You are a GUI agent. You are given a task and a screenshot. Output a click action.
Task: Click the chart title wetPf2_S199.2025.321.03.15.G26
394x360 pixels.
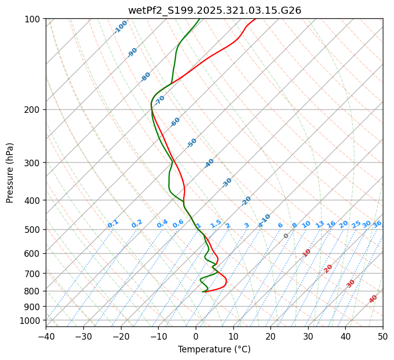pos(214,10)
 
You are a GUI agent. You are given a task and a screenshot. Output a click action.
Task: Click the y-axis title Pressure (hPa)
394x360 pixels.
pos(10,172)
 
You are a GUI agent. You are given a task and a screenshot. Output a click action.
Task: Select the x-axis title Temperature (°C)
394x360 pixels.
pos(214,350)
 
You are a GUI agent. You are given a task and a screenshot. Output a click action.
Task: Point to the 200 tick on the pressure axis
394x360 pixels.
pos(33,110)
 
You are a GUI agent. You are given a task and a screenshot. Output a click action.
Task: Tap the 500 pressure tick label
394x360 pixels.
pos(33,230)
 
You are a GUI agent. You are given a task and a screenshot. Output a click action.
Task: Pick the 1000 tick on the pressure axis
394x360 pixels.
pos(31,320)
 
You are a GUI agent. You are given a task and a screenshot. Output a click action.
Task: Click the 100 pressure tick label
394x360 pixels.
pos(33,19)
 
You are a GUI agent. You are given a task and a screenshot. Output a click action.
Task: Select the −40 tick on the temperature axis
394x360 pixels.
pos(46,336)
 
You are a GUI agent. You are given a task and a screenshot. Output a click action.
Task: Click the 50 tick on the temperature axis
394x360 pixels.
pos(383,336)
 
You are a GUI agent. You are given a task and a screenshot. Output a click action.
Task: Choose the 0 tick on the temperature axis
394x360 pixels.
pos(196,336)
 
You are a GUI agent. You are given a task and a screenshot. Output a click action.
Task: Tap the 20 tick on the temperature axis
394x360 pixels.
pos(270,336)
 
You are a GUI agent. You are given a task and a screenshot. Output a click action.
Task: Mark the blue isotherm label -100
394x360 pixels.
pos(120,27)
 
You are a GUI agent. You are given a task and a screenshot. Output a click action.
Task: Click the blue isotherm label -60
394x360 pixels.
pos(175,122)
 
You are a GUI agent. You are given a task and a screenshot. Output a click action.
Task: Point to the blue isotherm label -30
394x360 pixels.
pos(227,183)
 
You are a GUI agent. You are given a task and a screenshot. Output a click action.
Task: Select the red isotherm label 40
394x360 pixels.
pos(373,299)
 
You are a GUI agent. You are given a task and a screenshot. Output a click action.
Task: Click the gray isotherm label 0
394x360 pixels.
pos(286,236)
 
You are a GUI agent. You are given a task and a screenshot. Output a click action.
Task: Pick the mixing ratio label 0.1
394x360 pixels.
pos(113,224)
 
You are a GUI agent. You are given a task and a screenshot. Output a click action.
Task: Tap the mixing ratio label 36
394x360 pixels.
pos(377,224)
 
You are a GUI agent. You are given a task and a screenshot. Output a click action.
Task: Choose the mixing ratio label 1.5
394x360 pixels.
pos(216,224)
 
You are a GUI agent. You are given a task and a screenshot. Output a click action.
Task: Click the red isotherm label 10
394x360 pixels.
pos(307,253)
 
